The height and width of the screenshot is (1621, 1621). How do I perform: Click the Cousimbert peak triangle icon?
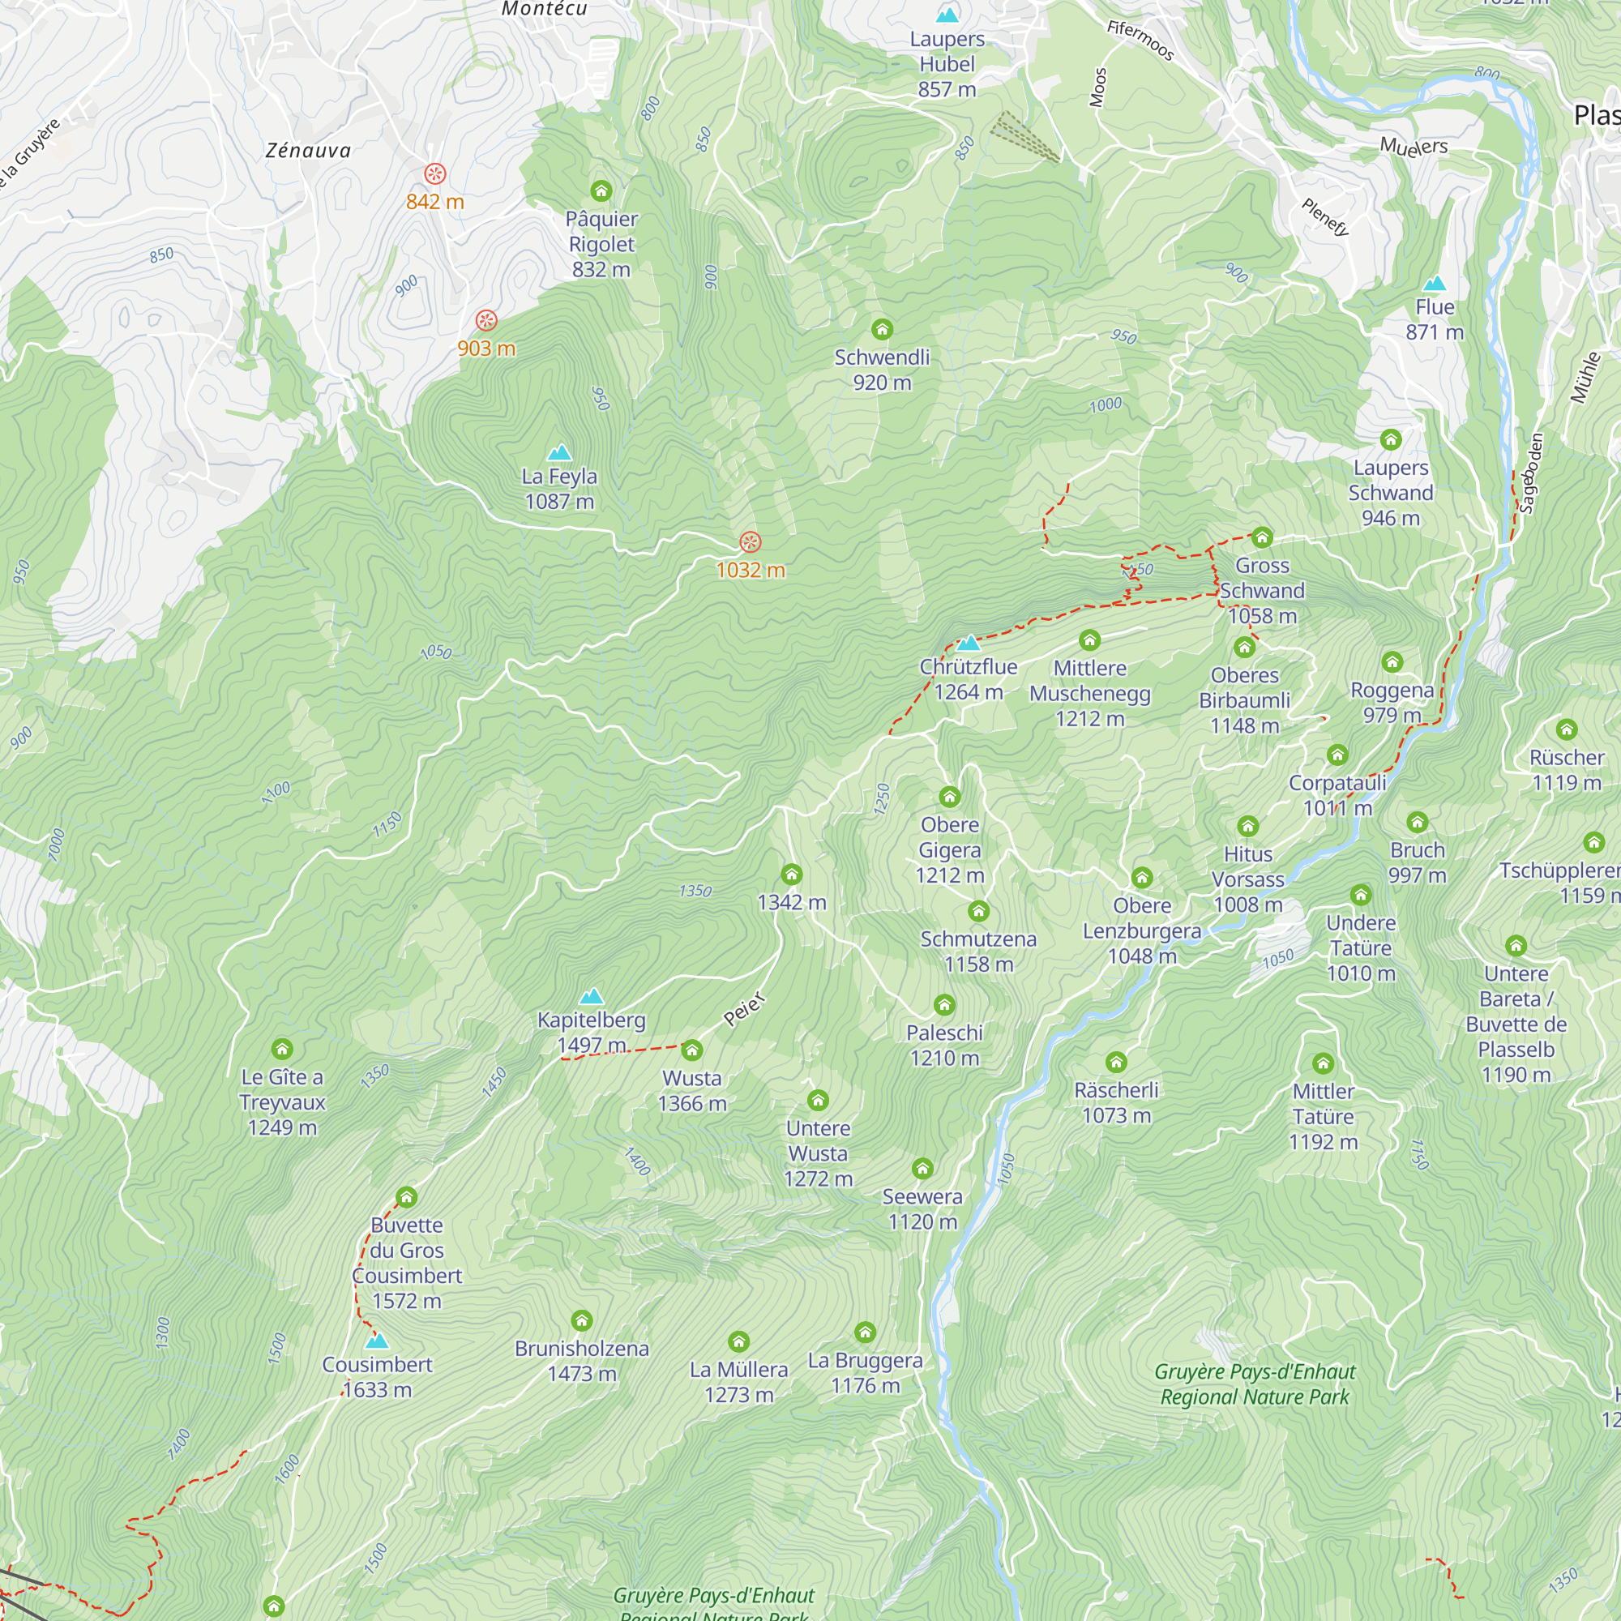click(377, 1341)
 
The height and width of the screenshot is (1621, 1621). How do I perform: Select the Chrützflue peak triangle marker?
click(969, 644)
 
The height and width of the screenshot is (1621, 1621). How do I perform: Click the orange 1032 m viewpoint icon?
click(750, 542)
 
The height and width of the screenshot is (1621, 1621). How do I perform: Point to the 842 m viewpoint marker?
click(434, 173)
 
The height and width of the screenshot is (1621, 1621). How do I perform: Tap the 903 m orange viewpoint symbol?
click(486, 320)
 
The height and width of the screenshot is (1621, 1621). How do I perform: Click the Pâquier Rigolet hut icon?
click(601, 191)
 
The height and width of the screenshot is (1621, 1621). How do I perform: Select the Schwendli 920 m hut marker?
click(882, 329)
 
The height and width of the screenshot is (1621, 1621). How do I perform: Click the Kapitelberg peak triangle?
click(592, 997)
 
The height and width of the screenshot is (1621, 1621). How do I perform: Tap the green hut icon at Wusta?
click(692, 1050)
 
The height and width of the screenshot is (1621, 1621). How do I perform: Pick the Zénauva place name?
click(308, 150)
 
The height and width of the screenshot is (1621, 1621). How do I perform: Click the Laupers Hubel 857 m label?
click(947, 64)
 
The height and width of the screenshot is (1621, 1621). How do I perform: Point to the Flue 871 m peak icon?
click(1435, 284)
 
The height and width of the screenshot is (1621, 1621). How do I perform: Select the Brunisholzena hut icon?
click(581, 1321)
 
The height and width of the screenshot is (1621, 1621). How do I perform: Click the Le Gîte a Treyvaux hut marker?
click(282, 1049)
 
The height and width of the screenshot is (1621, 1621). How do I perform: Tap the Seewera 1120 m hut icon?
click(923, 1169)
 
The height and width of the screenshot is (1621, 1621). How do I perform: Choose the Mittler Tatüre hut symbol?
click(1324, 1064)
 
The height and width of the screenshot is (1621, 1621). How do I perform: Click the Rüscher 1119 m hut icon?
click(1567, 730)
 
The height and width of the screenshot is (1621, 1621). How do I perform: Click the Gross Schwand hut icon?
click(1262, 538)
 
